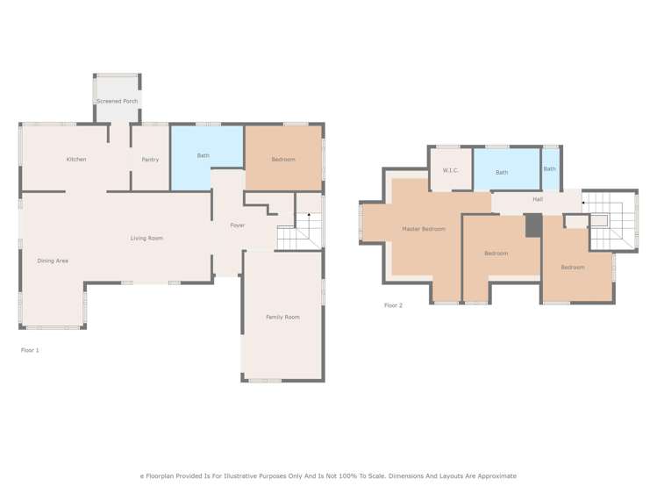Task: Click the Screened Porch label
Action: (x=117, y=101)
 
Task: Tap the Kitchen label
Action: (x=76, y=159)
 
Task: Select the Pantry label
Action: (x=150, y=159)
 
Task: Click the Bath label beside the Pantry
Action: (x=204, y=155)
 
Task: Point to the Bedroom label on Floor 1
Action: (x=283, y=159)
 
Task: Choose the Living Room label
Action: (x=146, y=238)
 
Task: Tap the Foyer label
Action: (x=238, y=225)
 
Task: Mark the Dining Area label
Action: (x=53, y=261)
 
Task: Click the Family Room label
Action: (x=282, y=317)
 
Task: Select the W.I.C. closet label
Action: (x=451, y=169)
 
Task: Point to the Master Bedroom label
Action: (x=424, y=229)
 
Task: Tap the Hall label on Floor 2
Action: (x=538, y=199)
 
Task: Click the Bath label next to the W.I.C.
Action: (x=502, y=172)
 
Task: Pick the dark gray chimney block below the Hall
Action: (x=532, y=225)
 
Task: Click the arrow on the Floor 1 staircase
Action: (x=308, y=215)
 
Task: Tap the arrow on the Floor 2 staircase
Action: (x=585, y=202)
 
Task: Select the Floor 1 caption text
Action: (x=30, y=350)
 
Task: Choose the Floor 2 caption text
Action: (x=393, y=305)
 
